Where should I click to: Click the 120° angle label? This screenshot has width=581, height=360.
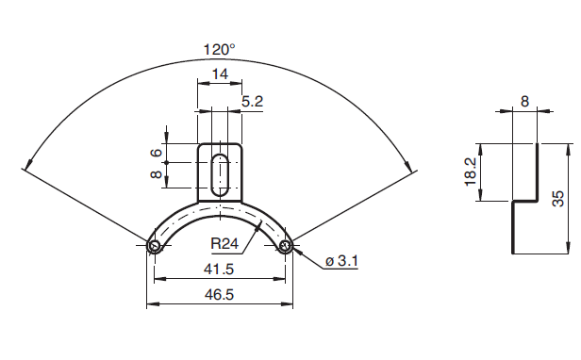[220, 49]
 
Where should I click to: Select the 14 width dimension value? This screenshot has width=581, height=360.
[220, 74]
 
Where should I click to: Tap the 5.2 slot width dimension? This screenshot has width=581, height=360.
[253, 101]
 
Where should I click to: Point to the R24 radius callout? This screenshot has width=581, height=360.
[224, 243]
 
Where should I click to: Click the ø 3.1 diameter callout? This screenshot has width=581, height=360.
[341, 261]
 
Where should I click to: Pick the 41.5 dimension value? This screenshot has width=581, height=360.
[219, 270]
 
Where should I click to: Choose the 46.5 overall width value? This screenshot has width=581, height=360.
[220, 295]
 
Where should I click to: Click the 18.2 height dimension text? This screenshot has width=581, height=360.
[471, 173]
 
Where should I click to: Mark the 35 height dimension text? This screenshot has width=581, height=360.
[557, 198]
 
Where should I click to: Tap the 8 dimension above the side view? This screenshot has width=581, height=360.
[524, 101]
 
